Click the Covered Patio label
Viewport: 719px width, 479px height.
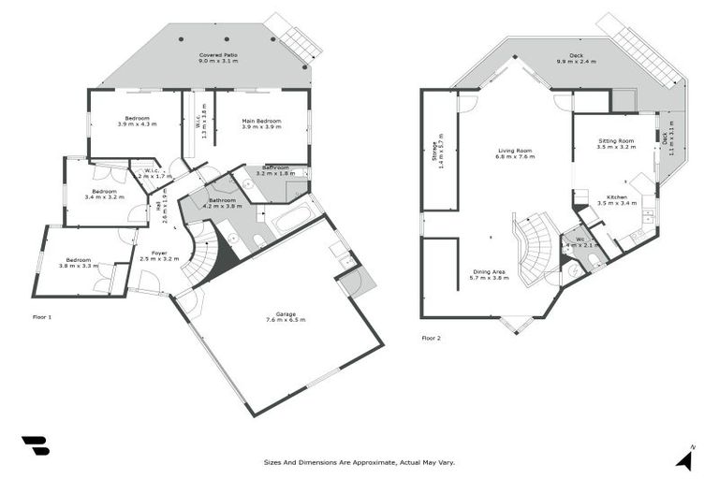click(x=216, y=55)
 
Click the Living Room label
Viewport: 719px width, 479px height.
click(x=515, y=150)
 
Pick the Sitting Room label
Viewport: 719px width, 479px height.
click(x=616, y=141)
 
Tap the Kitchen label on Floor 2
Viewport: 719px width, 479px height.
click(x=617, y=196)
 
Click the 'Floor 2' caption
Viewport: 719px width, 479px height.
click(x=432, y=338)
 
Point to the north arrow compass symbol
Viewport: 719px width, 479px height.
click(x=685, y=457)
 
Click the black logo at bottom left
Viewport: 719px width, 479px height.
click(x=35, y=445)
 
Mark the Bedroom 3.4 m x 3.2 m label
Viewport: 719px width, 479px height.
click(x=104, y=194)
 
